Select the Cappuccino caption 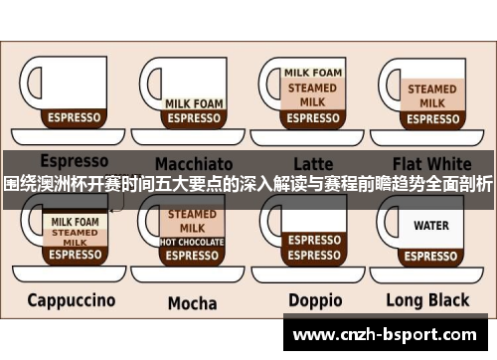point(71,299)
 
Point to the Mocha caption point(192,302)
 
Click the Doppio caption point(314,299)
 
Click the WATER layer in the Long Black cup point(431,226)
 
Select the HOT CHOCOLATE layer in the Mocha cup point(193,242)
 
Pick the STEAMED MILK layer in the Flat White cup point(431,96)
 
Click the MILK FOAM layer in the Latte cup point(313,73)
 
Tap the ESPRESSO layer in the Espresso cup point(75,117)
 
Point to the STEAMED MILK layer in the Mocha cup point(193,221)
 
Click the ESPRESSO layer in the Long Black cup point(431,255)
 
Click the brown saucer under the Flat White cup point(431,136)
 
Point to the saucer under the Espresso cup point(74,137)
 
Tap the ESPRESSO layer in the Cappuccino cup point(76,255)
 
